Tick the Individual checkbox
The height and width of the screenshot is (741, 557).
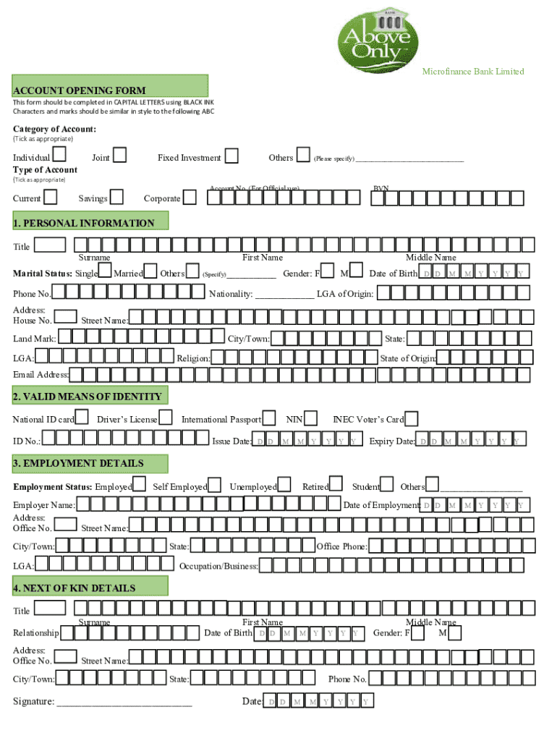coord(60,155)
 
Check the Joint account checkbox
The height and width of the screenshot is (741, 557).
coord(119,155)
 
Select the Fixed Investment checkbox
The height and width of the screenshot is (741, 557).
coord(231,156)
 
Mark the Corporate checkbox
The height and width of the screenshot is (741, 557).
coord(190,197)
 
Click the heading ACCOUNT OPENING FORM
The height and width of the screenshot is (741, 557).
coord(80,90)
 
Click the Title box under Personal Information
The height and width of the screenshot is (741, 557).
coord(50,245)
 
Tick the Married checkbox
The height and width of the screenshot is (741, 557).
coord(150,271)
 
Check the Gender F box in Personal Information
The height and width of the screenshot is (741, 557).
coord(328,271)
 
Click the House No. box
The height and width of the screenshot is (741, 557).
coord(66,316)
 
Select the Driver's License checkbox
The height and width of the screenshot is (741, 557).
coord(166,417)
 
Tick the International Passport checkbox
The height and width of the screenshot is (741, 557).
coord(269,417)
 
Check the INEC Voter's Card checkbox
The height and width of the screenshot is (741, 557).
coord(411,418)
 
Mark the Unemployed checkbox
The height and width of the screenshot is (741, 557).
coord(284,484)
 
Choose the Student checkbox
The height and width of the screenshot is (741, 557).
coord(387,484)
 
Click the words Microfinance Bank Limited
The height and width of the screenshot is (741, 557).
coord(473,71)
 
